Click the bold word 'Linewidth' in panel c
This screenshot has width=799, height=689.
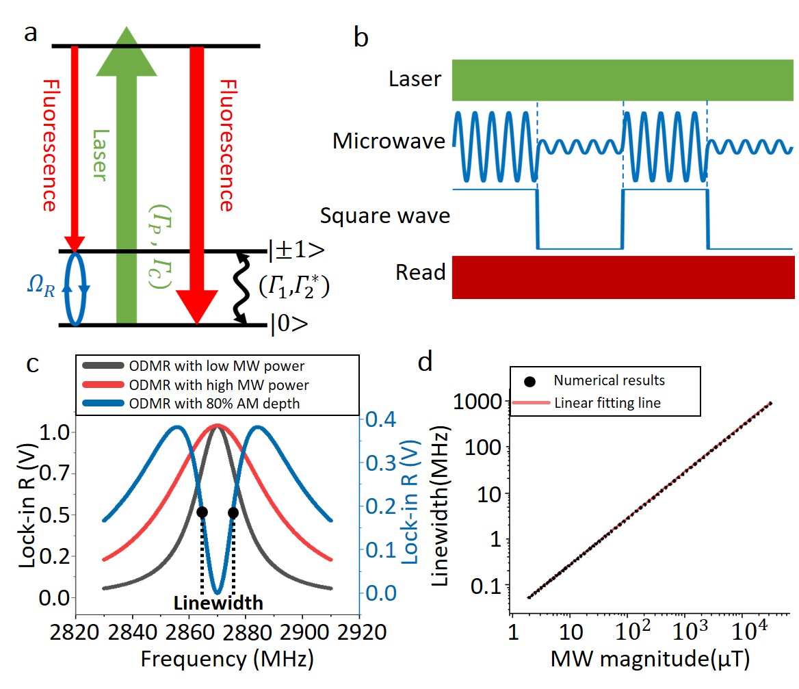click(218, 603)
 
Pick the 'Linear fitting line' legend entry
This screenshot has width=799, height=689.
click(607, 402)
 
